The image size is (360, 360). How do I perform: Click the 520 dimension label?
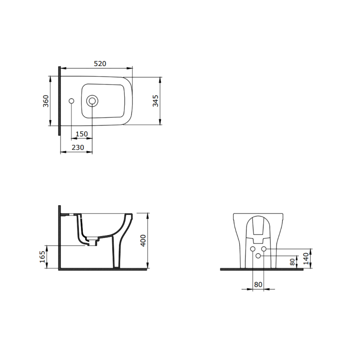point(100,63)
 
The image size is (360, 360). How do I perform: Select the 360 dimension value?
point(46,101)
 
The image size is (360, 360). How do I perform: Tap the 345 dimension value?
point(156,101)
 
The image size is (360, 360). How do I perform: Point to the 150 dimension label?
point(82,134)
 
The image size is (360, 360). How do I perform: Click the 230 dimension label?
point(78,147)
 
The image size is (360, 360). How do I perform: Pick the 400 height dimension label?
point(143,240)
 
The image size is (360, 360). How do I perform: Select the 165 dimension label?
point(42,257)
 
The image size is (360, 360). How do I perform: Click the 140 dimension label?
point(306,258)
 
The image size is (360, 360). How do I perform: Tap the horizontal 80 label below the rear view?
point(258,284)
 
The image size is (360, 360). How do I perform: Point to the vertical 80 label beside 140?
point(292,262)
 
